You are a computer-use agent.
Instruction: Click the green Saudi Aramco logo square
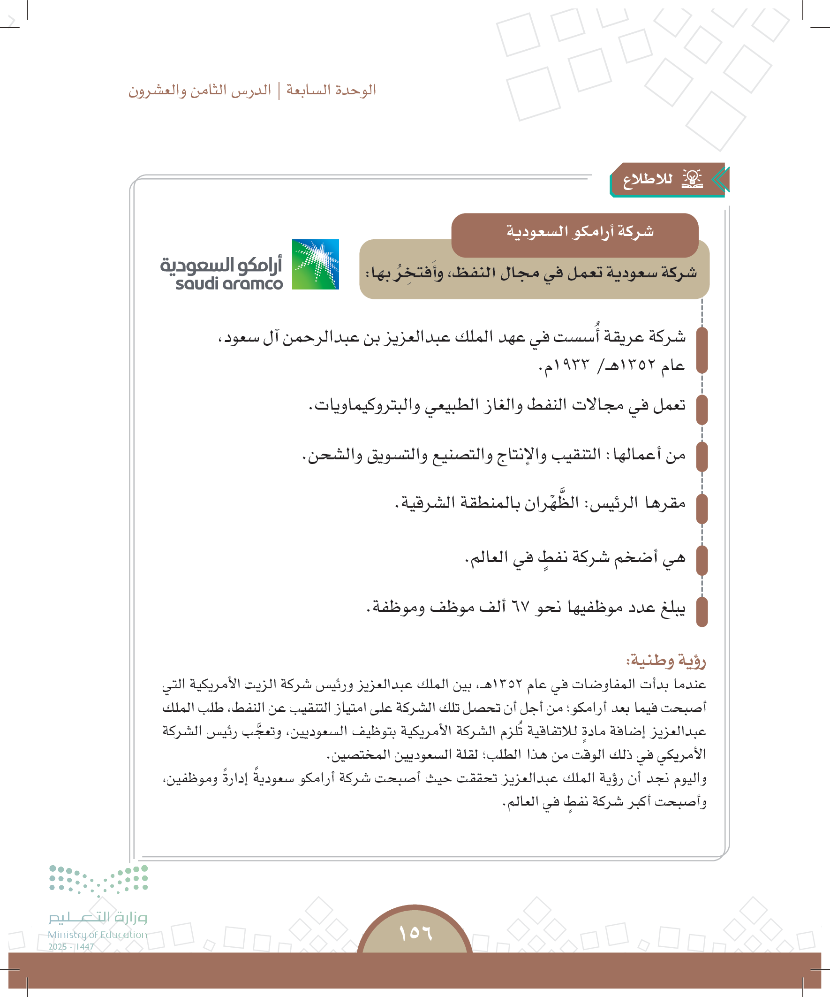(x=315, y=264)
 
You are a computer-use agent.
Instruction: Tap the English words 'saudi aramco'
(x=229, y=284)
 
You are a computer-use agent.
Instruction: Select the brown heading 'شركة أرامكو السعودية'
(x=580, y=232)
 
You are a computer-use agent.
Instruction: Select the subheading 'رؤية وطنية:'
(x=666, y=661)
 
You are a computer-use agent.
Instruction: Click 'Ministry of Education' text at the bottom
(x=97, y=934)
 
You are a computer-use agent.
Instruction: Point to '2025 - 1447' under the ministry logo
(x=71, y=947)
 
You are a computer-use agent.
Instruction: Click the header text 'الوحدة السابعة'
(x=331, y=90)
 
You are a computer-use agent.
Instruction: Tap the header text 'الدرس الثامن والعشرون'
(x=200, y=90)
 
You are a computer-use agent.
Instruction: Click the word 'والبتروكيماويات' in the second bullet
(x=365, y=405)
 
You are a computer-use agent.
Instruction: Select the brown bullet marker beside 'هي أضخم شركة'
(x=702, y=560)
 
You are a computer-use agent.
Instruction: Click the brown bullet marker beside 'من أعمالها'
(x=702, y=456)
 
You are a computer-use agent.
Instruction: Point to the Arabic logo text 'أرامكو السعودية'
(x=221, y=265)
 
